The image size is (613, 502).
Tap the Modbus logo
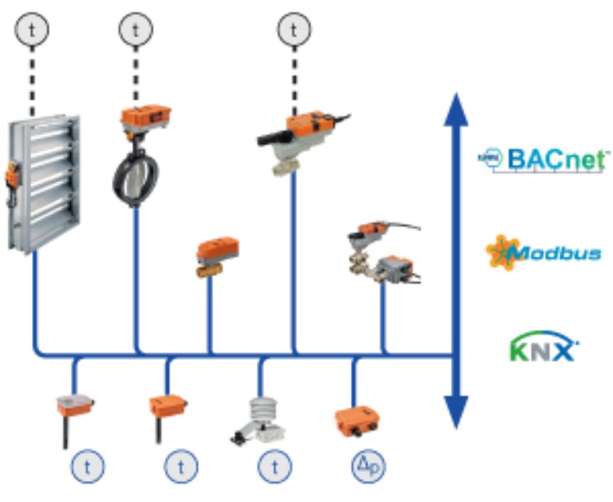543,253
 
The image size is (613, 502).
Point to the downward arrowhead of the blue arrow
455,411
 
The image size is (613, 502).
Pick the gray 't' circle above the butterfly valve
135,29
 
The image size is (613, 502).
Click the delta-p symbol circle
368,468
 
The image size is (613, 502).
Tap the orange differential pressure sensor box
356,422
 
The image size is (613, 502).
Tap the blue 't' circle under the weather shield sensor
275,468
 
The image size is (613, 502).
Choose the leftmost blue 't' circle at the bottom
87,468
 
